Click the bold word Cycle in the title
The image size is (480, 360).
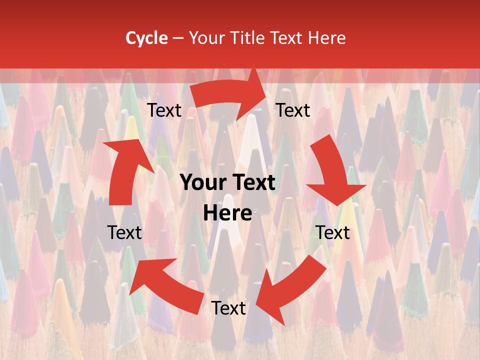click(x=146, y=38)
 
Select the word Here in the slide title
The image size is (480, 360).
click(x=327, y=38)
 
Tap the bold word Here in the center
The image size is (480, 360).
click(x=227, y=213)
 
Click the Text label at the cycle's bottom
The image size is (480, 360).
click(x=228, y=308)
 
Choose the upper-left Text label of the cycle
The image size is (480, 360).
click(x=164, y=110)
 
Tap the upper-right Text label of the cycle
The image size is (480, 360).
click(x=293, y=110)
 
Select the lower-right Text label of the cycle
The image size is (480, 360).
click(x=332, y=232)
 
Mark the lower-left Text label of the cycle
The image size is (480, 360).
click(x=125, y=232)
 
